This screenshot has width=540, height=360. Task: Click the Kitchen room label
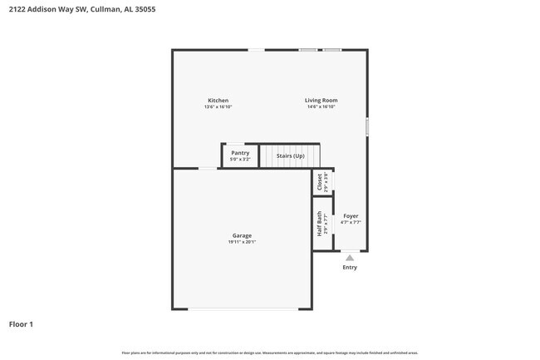point(218,101)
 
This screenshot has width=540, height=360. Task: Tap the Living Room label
point(322,101)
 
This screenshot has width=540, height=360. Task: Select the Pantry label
point(240,153)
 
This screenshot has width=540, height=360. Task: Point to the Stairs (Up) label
point(291,155)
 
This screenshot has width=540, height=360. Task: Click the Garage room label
point(242,235)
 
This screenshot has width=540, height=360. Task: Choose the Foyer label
point(351,216)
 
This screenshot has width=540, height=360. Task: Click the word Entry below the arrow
point(350,267)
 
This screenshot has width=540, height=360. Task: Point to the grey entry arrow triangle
point(350,258)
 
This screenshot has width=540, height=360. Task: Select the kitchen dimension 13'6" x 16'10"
point(218,107)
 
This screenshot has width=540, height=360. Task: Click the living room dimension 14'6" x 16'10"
point(322,107)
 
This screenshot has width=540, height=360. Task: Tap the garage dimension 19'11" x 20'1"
point(242,242)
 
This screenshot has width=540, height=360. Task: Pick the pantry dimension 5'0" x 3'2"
point(240,160)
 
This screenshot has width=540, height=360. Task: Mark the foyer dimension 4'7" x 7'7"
point(351,223)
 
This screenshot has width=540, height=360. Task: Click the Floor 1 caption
point(21,323)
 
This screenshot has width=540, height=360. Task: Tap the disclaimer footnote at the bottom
point(269,353)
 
